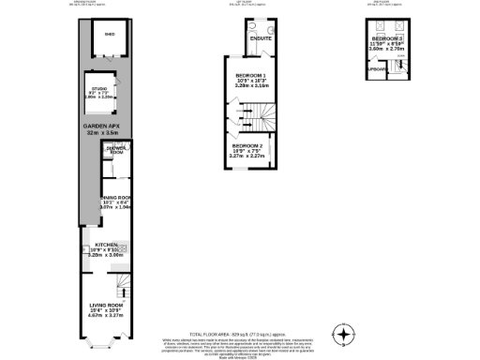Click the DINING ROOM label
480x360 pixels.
click(113, 198)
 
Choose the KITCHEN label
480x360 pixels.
click(105, 245)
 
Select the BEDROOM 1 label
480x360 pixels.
click(250, 74)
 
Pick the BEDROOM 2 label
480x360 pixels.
click(247, 146)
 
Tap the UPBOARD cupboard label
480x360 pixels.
click(377, 69)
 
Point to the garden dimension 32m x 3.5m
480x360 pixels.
click(102, 133)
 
